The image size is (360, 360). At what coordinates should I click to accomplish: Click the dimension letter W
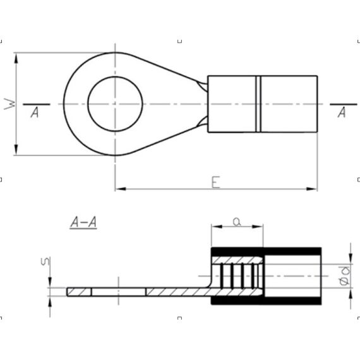click(9, 104)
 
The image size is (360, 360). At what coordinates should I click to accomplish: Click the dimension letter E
click(215, 182)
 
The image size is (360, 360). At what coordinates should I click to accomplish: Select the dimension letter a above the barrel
click(237, 222)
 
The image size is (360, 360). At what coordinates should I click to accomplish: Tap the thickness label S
click(45, 261)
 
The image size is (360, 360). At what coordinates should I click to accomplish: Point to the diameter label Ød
click(345, 275)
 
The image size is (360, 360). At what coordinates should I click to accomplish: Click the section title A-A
click(83, 222)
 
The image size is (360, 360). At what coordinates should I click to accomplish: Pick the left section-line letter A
click(35, 112)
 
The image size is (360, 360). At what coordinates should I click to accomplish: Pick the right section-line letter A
click(342, 112)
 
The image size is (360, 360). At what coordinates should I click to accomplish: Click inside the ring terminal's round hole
click(115, 104)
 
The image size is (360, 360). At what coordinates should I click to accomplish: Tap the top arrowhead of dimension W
click(16, 58)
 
